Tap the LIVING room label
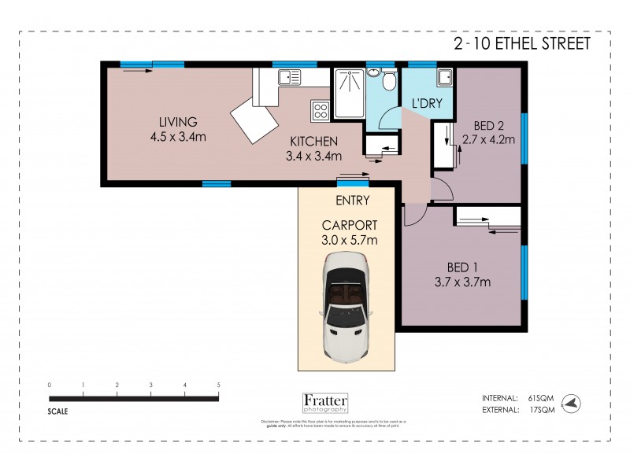click(x=177, y=122)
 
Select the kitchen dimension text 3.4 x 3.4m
click(x=313, y=156)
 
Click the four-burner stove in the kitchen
click(x=321, y=110)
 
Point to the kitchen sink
click(x=287, y=77)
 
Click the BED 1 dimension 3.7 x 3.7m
click(x=463, y=282)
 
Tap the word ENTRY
click(x=352, y=200)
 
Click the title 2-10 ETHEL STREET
click(x=521, y=44)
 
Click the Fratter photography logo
click(x=324, y=403)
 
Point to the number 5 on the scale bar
click(x=218, y=385)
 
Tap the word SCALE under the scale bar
click(x=57, y=411)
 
